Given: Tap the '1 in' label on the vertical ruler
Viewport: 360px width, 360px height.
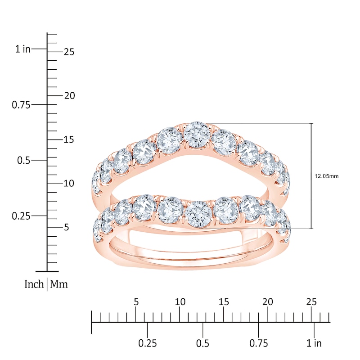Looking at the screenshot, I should (x=23, y=49).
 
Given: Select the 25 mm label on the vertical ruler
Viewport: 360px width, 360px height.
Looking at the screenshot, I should (x=68, y=52).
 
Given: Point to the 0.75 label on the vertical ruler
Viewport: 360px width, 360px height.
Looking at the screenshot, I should (x=21, y=104).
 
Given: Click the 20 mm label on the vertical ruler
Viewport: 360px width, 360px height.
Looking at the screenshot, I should (x=68, y=96).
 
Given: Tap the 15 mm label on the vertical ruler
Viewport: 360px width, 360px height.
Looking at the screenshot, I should (x=68, y=139).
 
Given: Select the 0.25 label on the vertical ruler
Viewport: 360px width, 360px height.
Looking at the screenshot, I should (x=21, y=216).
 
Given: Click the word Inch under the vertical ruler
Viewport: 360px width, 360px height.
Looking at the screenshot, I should (x=34, y=284).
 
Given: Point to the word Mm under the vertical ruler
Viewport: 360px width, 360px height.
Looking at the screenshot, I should (x=59, y=284).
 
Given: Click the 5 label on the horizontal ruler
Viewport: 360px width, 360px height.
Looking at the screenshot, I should (x=136, y=301).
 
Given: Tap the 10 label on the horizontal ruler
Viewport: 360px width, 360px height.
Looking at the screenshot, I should (x=180, y=301).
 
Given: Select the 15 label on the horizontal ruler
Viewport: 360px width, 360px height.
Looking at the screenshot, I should (x=224, y=301).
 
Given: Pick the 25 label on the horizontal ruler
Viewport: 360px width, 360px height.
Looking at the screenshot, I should (x=311, y=301).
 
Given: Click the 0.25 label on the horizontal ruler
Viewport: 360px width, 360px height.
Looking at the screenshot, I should (x=148, y=343).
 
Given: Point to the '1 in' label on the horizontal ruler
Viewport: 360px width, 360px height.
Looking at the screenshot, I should (x=314, y=343).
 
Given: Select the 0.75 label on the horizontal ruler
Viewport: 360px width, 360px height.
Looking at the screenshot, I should (x=258, y=343).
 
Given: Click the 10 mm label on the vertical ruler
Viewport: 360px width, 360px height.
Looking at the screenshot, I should (x=68, y=184).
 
